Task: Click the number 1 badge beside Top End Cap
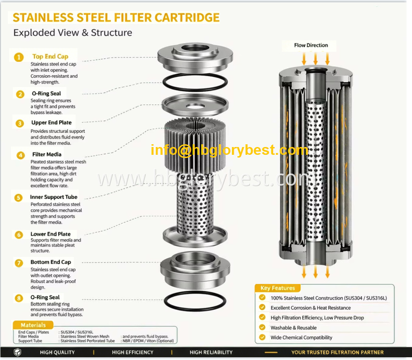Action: (19, 57)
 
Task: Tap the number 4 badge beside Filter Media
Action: (21, 155)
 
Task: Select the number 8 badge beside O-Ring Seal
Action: (19, 298)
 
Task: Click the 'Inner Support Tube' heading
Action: (54, 197)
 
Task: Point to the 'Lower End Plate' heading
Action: (50, 234)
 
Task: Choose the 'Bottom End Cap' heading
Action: (51, 262)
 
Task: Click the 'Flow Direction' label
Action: (311, 45)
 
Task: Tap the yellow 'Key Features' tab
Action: (277, 288)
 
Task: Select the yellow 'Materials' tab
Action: (33, 325)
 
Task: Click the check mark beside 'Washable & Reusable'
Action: (262, 327)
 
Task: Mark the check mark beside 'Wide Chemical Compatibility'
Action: (262, 337)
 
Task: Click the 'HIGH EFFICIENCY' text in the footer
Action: (132, 352)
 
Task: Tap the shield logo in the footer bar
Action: (17, 352)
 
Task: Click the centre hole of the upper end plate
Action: (195, 106)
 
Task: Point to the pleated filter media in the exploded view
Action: (195, 145)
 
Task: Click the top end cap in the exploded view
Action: (195, 58)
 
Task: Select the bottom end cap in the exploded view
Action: (195, 270)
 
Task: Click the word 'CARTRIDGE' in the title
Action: (187, 17)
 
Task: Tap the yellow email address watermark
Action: (230, 150)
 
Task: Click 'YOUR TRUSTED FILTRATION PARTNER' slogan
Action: (337, 352)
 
